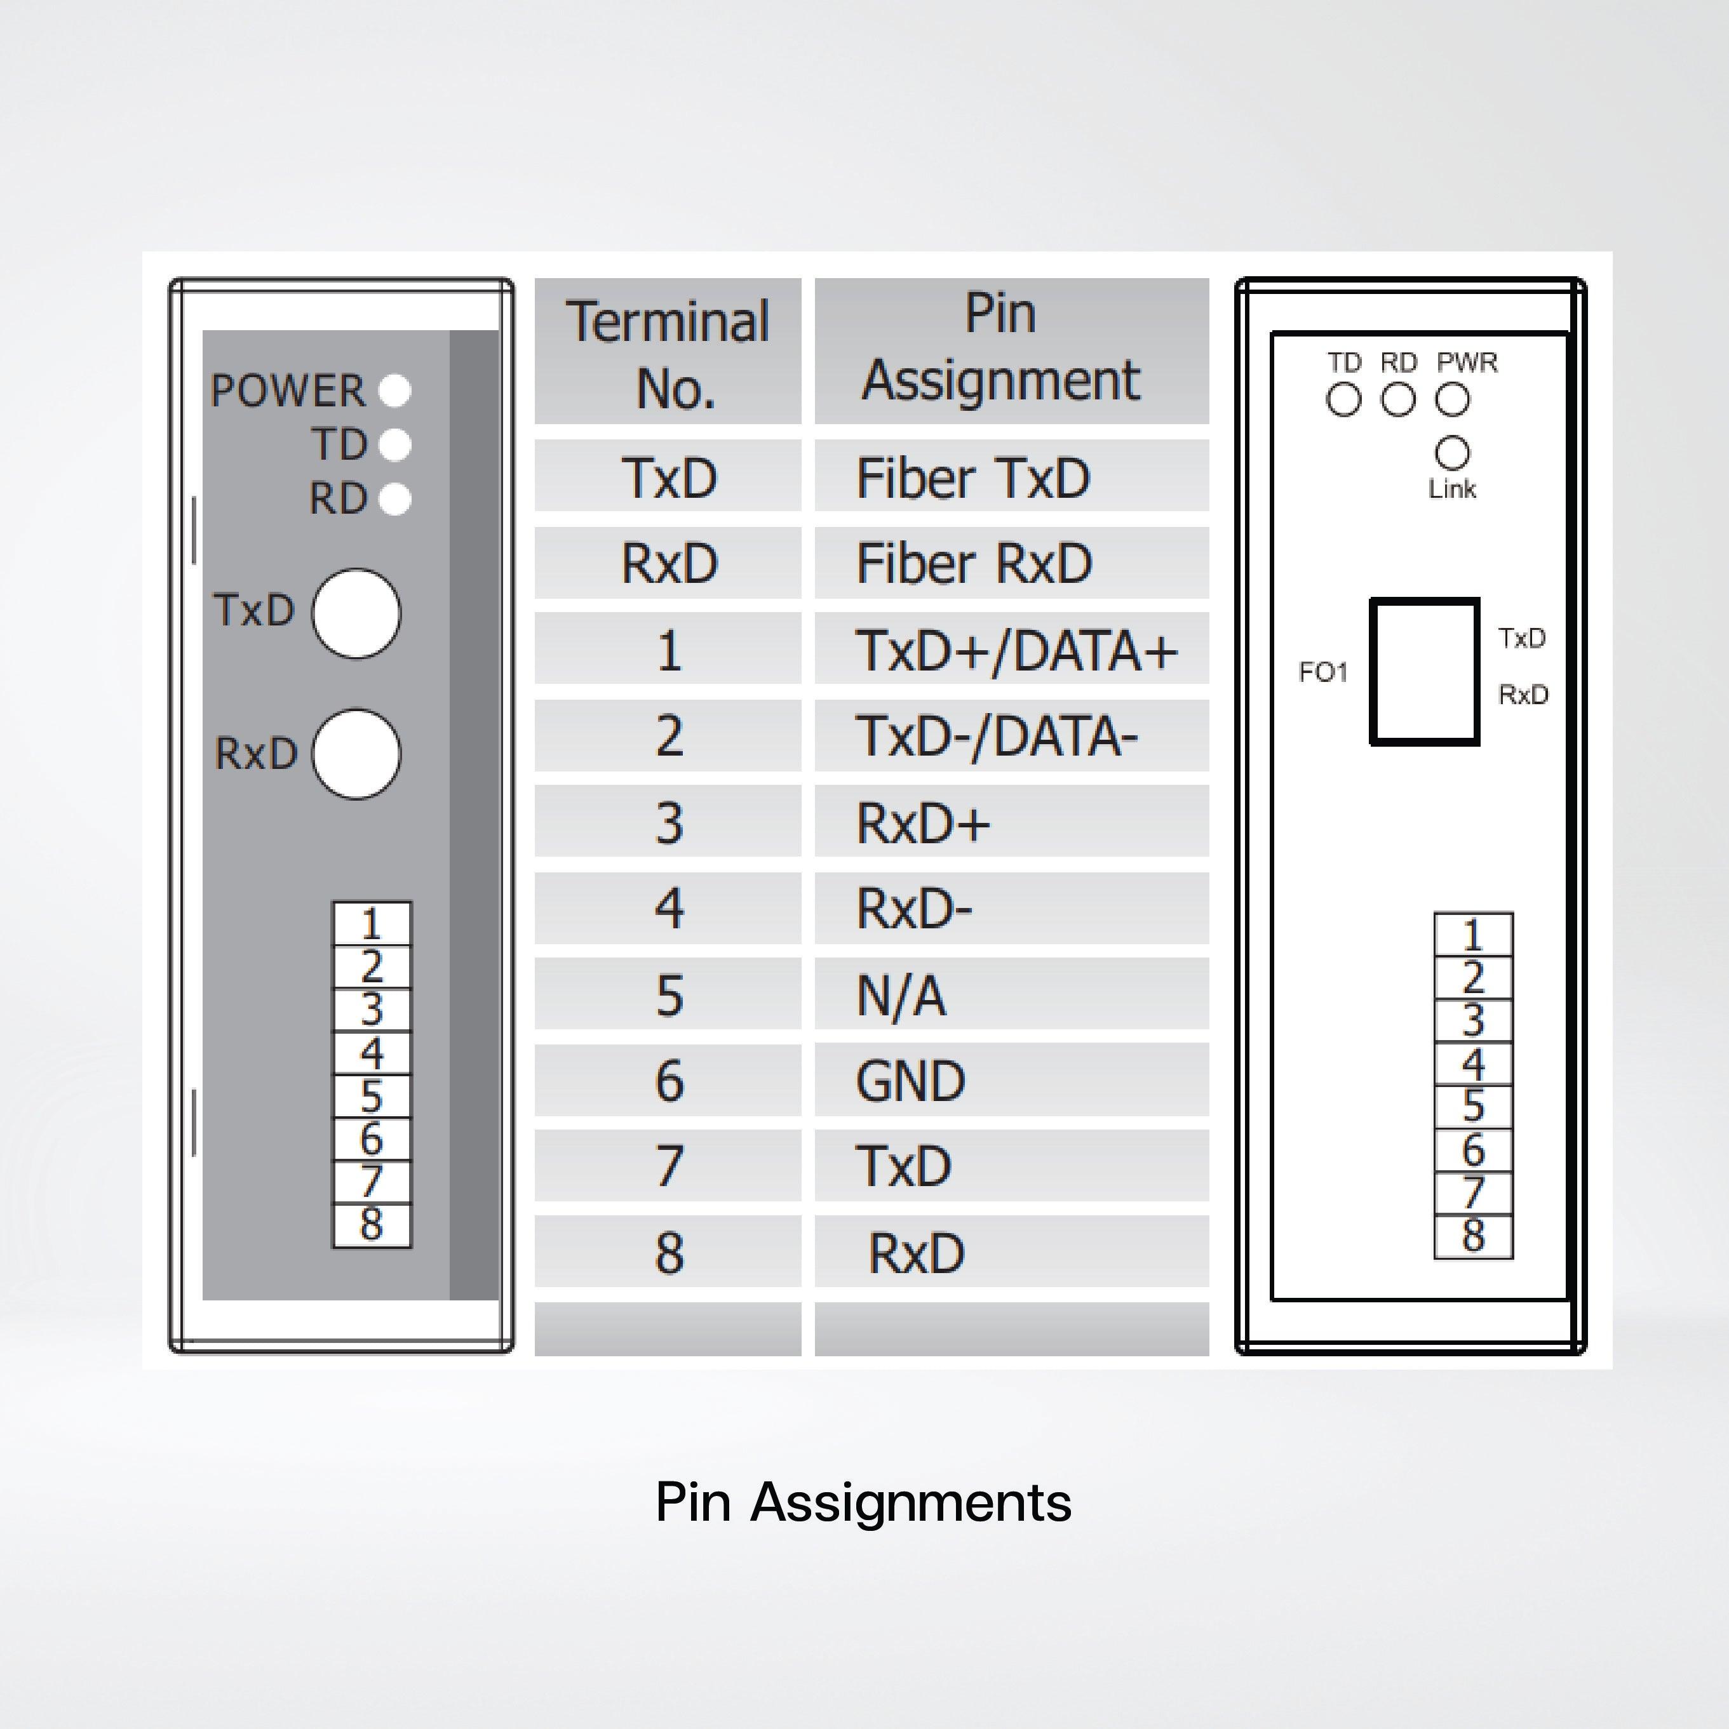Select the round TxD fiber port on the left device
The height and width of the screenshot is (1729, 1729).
pyautogui.click(x=356, y=613)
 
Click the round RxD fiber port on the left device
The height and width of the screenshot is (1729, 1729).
pyautogui.click(x=356, y=754)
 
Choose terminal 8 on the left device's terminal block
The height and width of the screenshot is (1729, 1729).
pyautogui.click(x=372, y=1225)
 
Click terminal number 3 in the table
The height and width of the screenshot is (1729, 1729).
pyautogui.click(x=668, y=820)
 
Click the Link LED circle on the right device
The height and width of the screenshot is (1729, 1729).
pyautogui.click(x=1452, y=453)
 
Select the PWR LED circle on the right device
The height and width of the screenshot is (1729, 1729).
pyautogui.click(x=1452, y=399)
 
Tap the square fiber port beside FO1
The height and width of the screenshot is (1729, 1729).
pyautogui.click(x=1425, y=671)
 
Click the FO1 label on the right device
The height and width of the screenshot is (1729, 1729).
pyautogui.click(x=1323, y=672)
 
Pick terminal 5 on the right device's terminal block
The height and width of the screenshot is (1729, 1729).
pyautogui.click(x=1473, y=1107)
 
